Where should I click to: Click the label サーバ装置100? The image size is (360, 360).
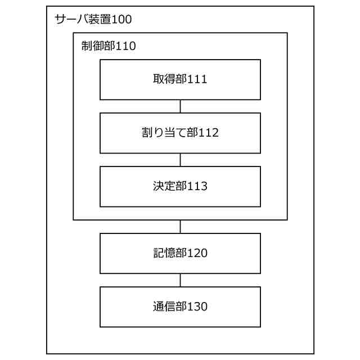(93, 20)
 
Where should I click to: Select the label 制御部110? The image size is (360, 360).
(108, 46)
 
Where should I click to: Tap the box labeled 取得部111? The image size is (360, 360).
(180, 79)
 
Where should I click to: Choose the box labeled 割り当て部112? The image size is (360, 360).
(180, 133)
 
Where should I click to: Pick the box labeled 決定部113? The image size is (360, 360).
(180, 186)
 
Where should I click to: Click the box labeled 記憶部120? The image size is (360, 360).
(180, 253)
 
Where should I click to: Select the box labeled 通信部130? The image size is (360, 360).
(180, 307)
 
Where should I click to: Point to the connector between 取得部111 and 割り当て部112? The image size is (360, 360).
(180, 106)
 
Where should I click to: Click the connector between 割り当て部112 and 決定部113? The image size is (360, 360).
(180, 160)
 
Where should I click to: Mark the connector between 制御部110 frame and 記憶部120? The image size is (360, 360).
(180, 227)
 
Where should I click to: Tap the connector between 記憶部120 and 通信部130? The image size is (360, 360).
(180, 280)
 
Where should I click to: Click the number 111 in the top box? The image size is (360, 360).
(198, 79)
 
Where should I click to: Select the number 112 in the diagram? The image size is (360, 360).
(209, 133)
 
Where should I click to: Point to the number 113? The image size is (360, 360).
(198, 186)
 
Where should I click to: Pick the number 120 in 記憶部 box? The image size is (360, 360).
(198, 253)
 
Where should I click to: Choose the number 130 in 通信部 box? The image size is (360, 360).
(198, 307)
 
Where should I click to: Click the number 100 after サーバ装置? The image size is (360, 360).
(121, 20)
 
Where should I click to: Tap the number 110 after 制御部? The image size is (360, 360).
(126, 46)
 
